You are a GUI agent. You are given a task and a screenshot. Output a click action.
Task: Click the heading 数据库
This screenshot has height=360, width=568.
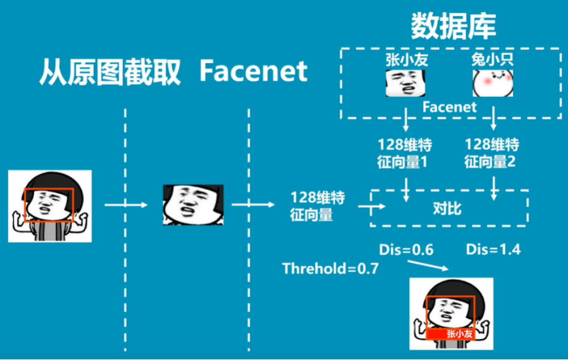[453, 27]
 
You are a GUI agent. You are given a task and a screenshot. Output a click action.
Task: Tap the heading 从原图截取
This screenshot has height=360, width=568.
[110, 73]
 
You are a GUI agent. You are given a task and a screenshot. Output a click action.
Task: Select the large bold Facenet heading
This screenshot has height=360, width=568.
[253, 72]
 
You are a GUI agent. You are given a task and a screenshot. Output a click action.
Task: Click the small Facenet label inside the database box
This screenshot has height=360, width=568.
[450, 107]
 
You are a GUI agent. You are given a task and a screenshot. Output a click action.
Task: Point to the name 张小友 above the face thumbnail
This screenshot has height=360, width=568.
[406, 60]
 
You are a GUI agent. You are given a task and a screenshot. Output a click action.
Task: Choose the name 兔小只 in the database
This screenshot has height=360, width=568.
[493, 60]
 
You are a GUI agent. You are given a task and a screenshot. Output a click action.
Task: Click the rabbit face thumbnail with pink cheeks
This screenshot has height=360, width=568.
[492, 83]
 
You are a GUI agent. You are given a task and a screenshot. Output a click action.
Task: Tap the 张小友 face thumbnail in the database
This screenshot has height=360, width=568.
[406, 83]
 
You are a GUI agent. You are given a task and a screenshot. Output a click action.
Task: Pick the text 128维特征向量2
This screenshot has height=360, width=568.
[492, 153]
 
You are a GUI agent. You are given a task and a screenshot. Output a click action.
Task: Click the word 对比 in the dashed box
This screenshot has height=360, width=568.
[448, 209]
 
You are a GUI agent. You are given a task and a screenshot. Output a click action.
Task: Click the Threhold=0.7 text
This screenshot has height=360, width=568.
[330, 269]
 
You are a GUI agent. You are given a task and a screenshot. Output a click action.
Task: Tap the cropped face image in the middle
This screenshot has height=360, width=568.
[193, 205]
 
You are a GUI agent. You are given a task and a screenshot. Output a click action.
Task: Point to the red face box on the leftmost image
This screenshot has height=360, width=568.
[48, 205]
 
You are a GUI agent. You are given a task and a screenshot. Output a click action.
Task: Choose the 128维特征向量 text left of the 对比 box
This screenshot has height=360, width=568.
[318, 207]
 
